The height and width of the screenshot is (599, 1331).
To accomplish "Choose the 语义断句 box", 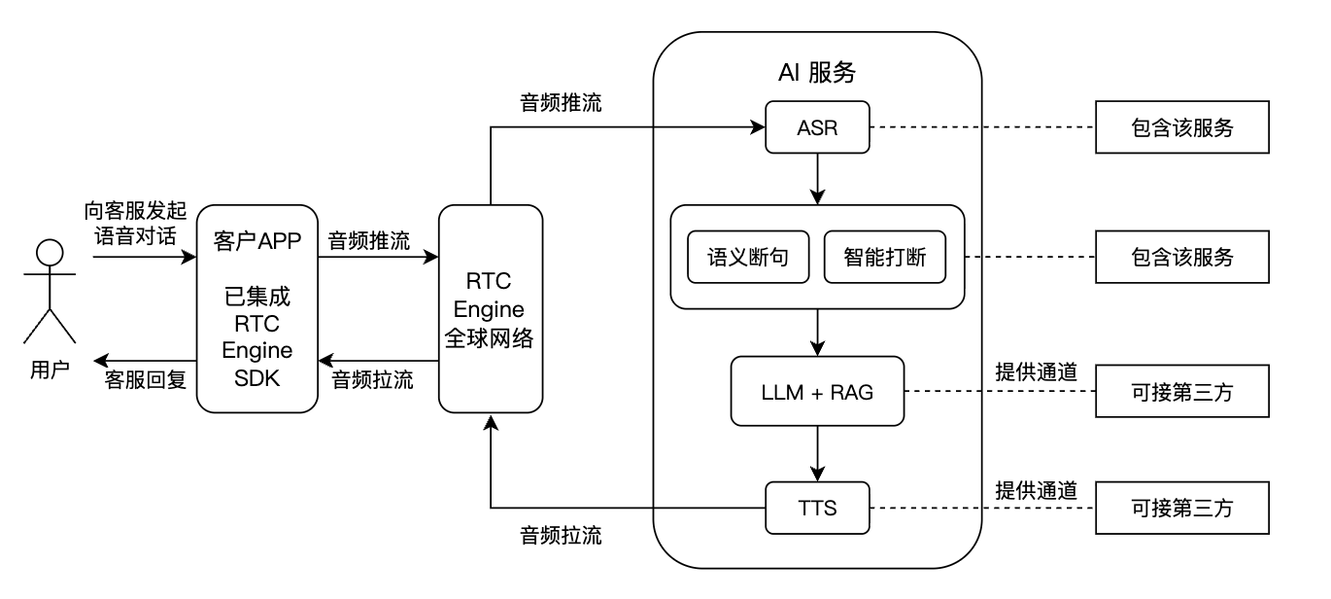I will (x=747, y=257).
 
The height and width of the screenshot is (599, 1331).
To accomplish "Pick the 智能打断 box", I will (x=884, y=257).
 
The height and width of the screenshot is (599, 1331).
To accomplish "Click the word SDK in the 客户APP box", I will (x=256, y=379).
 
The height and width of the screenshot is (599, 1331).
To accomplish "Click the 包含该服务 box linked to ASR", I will (x=1181, y=127).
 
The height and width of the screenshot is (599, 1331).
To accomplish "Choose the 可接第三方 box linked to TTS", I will (x=1181, y=507).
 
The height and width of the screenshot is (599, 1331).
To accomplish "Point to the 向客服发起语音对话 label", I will (x=134, y=224).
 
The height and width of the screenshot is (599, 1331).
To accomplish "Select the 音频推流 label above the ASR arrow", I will (x=561, y=102).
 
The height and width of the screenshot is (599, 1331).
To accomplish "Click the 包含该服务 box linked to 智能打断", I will (x=1181, y=257).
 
